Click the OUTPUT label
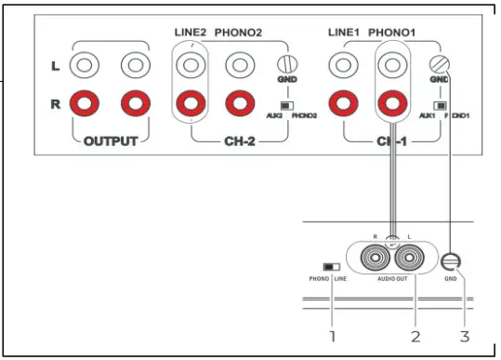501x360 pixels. click(x=110, y=141)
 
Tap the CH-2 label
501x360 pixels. click(x=241, y=141)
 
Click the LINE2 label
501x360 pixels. click(x=191, y=33)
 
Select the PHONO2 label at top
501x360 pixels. click(x=239, y=33)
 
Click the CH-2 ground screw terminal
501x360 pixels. click(x=286, y=65)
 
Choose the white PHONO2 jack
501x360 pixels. click(x=240, y=66)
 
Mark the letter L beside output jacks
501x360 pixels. click(x=56, y=67)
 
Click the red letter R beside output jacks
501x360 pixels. click(x=56, y=102)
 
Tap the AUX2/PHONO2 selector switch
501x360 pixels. click(x=284, y=106)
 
